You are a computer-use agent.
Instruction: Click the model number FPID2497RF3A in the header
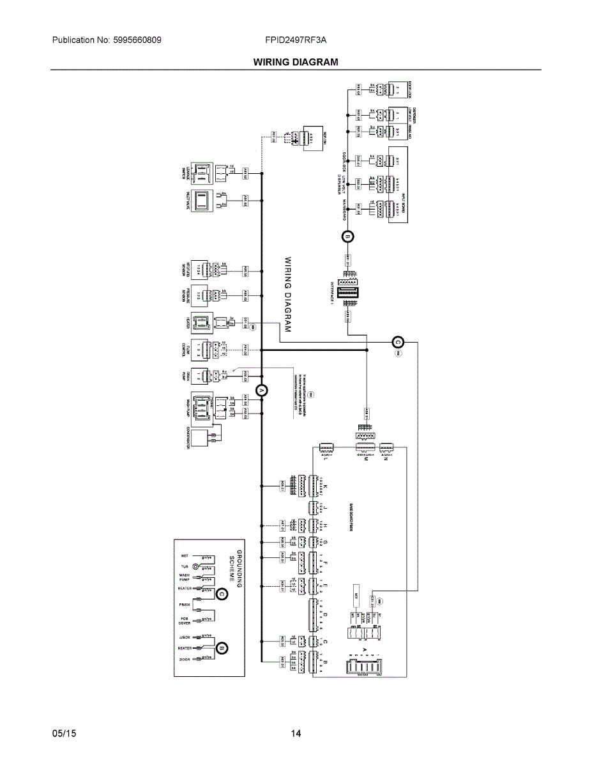pyautogui.click(x=296, y=40)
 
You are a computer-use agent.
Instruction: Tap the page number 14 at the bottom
pyautogui.click(x=296, y=733)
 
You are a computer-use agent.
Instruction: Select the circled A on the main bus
pyautogui.click(x=261, y=391)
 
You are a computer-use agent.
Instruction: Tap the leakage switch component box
pyautogui.click(x=202, y=172)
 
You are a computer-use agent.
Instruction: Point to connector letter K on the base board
pyautogui.click(x=325, y=486)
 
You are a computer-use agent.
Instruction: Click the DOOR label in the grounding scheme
pyautogui.click(x=185, y=659)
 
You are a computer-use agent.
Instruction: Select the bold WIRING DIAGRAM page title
pyautogui.click(x=296, y=62)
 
